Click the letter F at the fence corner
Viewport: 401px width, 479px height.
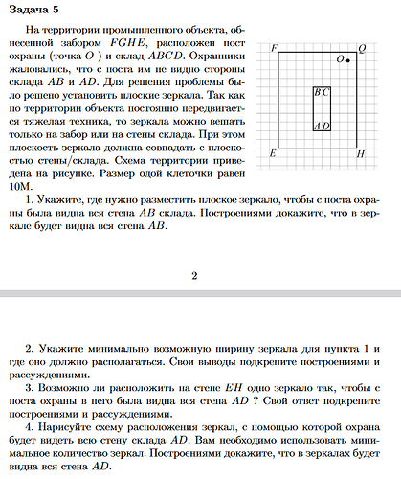pyautogui.click(x=275, y=48)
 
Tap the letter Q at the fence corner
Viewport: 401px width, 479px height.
pyautogui.click(x=361, y=48)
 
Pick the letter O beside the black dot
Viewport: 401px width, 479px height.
pyautogui.click(x=340, y=59)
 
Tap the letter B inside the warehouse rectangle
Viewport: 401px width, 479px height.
pyautogui.click(x=318, y=92)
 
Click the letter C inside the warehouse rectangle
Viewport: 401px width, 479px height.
pyautogui.click(x=326, y=92)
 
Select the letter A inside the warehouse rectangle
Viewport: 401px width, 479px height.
pyautogui.click(x=318, y=125)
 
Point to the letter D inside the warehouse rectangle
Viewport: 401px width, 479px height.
pyautogui.click(x=326, y=125)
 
